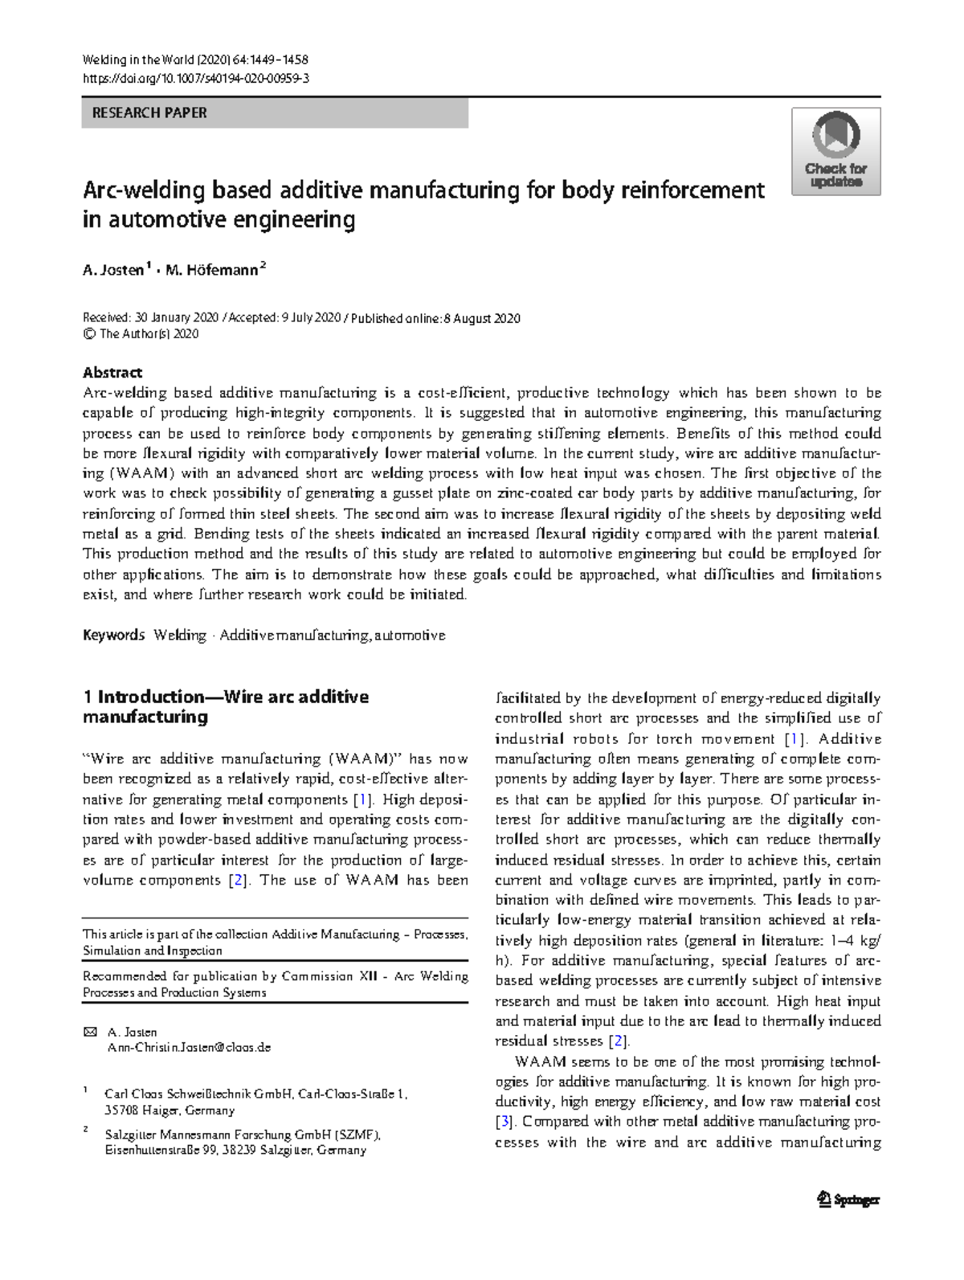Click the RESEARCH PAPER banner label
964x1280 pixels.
(149, 113)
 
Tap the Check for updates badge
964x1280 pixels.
(835, 152)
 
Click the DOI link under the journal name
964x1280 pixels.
(196, 78)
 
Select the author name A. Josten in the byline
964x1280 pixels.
(112, 271)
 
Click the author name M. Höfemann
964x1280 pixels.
(212, 271)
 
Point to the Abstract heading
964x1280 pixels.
(112, 372)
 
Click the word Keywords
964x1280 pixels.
(113, 635)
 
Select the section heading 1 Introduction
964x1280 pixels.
(226, 697)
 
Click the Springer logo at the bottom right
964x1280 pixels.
(848, 1200)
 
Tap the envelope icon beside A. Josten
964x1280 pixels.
(89, 1032)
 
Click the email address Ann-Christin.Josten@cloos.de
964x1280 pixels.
(189, 1047)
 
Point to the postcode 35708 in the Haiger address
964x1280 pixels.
(121, 1110)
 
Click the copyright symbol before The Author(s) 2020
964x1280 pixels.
(89, 333)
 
